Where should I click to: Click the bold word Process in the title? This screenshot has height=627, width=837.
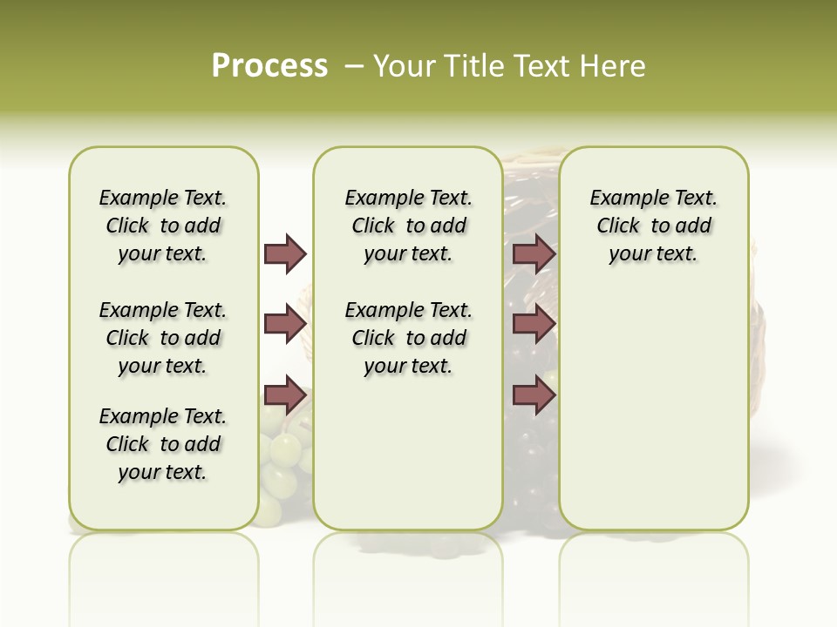tap(269, 66)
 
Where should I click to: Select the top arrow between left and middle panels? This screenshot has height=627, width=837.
tap(285, 254)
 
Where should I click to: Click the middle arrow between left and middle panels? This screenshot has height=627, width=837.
tap(285, 325)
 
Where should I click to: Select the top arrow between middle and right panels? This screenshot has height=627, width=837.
tap(534, 254)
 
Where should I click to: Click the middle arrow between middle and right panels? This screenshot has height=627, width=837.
tap(534, 325)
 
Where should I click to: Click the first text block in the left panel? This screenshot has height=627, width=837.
tap(163, 226)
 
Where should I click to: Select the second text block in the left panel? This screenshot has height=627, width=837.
tap(163, 338)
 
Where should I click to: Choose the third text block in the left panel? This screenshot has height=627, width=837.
tap(163, 444)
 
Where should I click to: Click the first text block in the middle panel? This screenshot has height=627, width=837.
tap(408, 226)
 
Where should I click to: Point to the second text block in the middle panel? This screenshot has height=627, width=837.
tap(408, 338)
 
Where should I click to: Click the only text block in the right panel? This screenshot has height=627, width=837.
tap(653, 226)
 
